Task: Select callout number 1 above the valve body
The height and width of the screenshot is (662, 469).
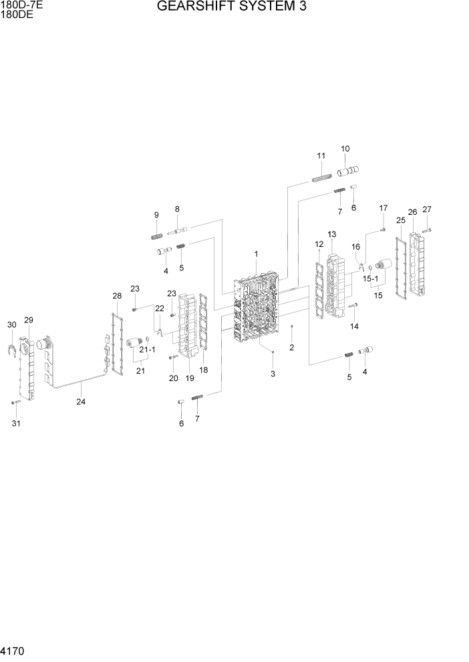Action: [x=256, y=254]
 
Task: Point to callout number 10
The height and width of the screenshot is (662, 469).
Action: [x=345, y=149]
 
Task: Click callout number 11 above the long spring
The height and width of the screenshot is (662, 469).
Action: [x=321, y=156]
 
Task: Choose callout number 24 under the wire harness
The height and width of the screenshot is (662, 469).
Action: [x=81, y=402]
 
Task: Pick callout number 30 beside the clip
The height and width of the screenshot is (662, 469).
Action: [x=11, y=325]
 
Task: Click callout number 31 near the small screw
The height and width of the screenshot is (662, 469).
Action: [x=16, y=423]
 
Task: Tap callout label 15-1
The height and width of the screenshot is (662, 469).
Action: [x=370, y=279]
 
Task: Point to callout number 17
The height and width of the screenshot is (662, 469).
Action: [x=383, y=208]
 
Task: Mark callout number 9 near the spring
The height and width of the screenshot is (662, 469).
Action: [x=156, y=215]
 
